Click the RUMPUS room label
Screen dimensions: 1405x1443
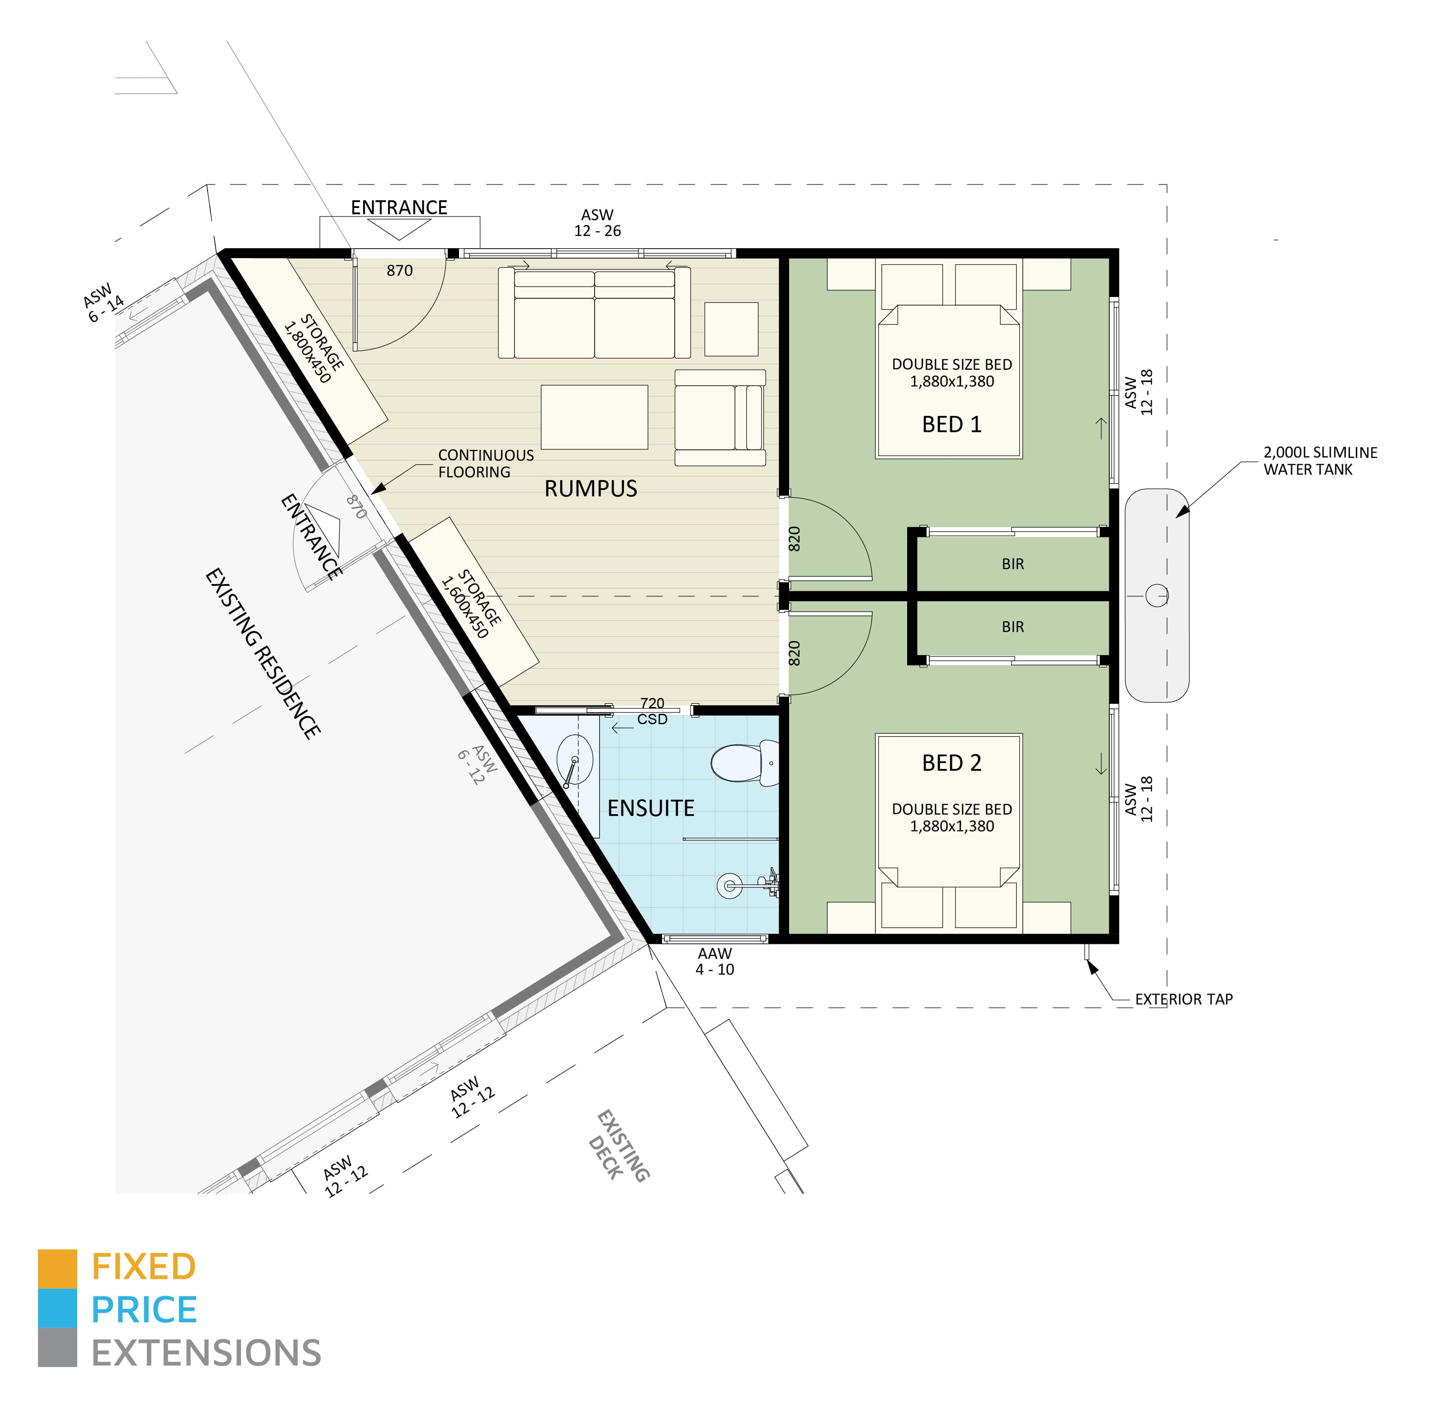tap(591, 489)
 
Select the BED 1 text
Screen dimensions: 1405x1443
tap(951, 424)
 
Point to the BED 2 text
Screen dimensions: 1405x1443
tap(951, 763)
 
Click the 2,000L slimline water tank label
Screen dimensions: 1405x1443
tap(1320, 461)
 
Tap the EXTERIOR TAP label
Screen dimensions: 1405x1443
tap(1183, 999)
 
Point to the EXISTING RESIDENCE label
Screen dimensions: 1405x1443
tap(262, 653)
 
